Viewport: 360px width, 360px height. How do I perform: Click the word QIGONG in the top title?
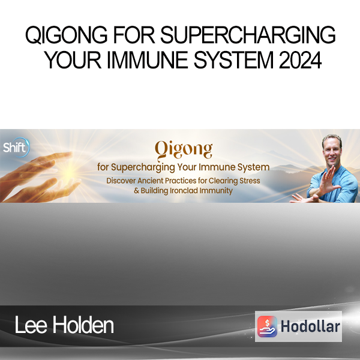[66, 35]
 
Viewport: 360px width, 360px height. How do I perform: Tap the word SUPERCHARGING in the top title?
[248, 35]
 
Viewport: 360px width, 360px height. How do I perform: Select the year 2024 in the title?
[300, 60]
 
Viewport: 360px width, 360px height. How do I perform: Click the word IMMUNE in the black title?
[148, 60]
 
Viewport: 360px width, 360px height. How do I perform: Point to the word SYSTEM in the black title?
[234, 60]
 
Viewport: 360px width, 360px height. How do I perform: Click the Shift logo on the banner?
[16, 147]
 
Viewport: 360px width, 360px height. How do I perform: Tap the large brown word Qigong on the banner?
[184, 150]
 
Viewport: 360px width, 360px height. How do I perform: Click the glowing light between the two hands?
[68, 174]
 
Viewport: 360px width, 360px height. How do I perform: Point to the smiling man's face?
[332, 151]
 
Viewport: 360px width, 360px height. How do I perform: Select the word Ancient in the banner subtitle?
[151, 181]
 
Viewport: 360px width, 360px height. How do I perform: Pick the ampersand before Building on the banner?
[136, 191]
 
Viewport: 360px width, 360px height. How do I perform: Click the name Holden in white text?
[83, 325]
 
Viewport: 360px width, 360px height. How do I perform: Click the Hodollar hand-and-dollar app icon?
[267, 326]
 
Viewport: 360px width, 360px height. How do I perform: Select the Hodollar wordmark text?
[310, 326]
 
